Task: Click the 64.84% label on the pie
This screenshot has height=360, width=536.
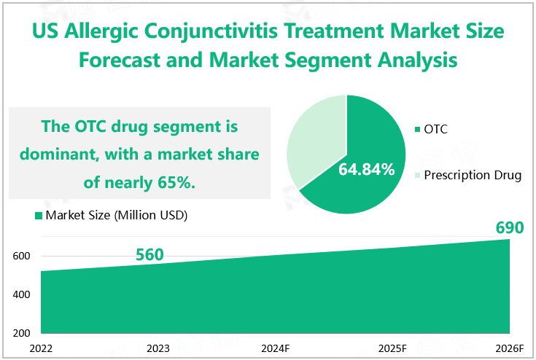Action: (x=366, y=171)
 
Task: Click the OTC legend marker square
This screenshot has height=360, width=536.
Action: (x=417, y=130)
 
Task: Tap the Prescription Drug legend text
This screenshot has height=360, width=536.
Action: (x=472, y=175)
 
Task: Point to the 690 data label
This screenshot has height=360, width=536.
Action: (x=510, y=228)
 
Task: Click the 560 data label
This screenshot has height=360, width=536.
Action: (x=149, y=254)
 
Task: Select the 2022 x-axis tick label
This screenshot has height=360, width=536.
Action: (x=41, y=348)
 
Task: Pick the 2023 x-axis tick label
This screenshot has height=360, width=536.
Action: (x=158, y=348)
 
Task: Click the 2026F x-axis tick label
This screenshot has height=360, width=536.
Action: (x=509, y=348)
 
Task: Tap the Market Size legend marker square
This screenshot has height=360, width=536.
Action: (x=38, y=216)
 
